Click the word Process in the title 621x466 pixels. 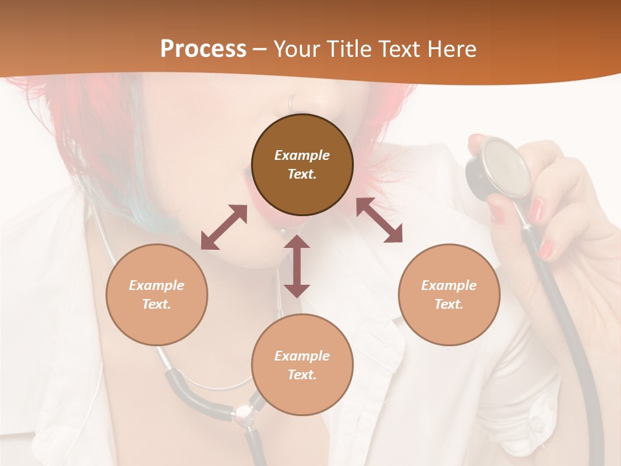point(203,49)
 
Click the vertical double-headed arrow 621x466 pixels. point(297,266)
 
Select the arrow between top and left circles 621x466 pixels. point(224,227)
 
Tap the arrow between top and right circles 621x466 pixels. point(379,221)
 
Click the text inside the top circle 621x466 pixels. point(302,164)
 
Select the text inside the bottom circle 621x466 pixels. point(302,365)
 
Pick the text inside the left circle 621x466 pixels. point(157,294)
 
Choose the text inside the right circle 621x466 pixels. point(449,294)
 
